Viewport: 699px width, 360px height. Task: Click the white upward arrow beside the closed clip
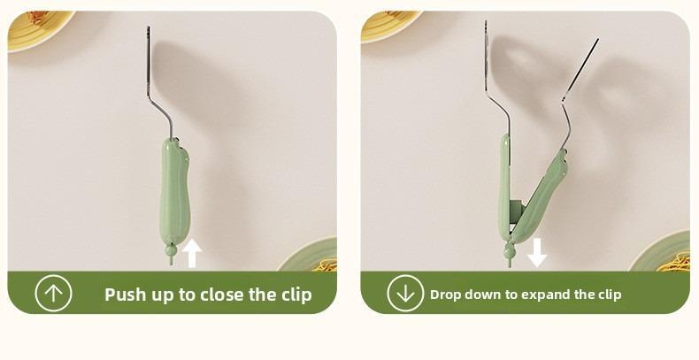192,253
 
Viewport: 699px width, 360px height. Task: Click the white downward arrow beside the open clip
537,253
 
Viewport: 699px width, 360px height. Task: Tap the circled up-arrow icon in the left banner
53,293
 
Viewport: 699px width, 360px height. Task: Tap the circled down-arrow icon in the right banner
405,293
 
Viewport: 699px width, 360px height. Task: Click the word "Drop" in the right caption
445,295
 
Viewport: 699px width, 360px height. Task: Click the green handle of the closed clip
174,192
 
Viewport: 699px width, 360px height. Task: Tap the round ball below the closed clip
171,250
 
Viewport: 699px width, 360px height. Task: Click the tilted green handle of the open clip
540,196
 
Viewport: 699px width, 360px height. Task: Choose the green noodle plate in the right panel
661,253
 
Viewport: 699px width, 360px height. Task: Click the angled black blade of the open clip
580,68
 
